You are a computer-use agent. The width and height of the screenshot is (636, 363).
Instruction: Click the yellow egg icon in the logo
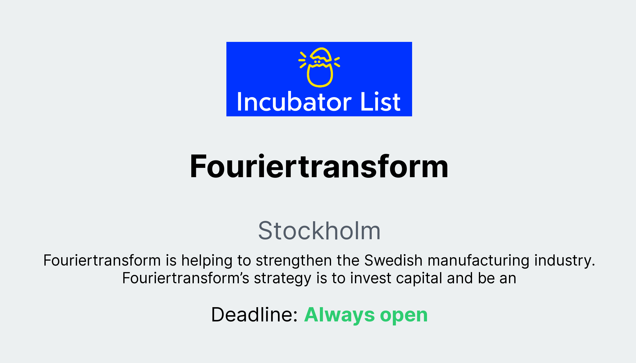(x=320, y=67)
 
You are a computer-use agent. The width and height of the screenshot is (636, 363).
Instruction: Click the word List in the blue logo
(x=380, y=102)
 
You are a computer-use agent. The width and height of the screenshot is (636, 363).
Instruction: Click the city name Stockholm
(x=319, y=231)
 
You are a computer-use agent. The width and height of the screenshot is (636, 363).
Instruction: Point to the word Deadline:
(x=254, y=315)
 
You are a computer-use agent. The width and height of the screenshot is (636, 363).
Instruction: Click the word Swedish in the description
(x=393, y=260)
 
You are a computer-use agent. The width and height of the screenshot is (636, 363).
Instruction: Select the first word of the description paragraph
(x=102, y=260)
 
